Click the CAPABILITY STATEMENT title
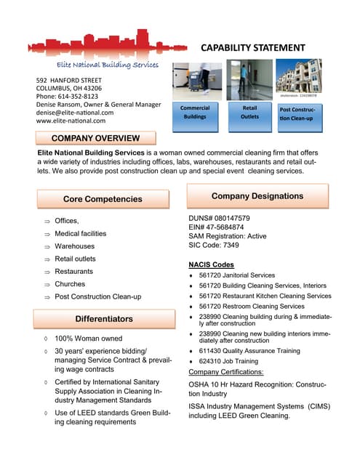(252, 47)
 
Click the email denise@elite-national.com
(75, 113)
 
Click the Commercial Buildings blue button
(195, 113)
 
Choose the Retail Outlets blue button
(249, 113)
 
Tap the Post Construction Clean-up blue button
(300, 114)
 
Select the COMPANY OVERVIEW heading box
(95, 138)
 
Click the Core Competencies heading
(103, 199)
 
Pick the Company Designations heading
(257, 196)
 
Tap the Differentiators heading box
(104, 319)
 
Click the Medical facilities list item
(80, 233)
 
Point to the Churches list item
(70, 284)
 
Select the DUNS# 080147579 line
(219, 218)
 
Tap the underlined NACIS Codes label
(212, 264)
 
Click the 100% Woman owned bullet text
(89, 339)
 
